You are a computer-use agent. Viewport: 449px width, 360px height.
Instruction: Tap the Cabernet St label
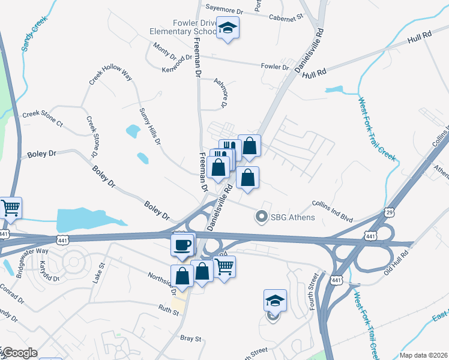click(x=286, y=18)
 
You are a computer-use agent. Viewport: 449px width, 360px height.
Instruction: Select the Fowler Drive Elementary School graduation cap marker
click(x=228, y=29)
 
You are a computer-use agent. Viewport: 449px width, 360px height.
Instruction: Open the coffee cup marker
click(x=182, y=244)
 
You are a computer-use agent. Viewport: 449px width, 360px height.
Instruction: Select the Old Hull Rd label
click(x=396, y=263)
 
